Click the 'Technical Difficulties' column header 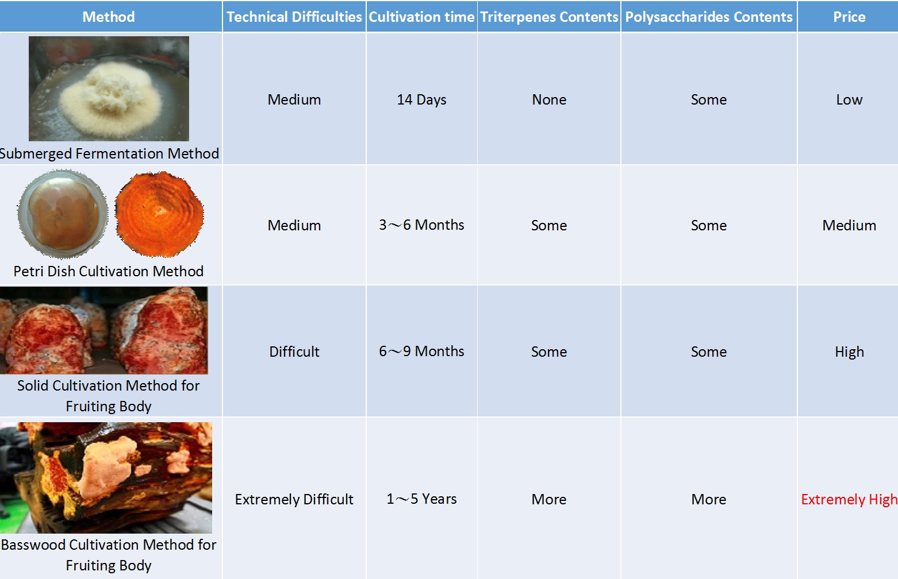pos(294,17)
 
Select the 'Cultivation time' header pos(421,17)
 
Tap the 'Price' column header pos(849,17)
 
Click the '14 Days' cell pos(421,99)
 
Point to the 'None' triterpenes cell pos(549,99)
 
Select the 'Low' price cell pos(849,99)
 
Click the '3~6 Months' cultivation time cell pos(421,225)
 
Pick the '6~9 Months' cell pos(421,351)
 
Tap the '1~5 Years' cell pos(421,499)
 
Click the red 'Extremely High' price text pos(849,499)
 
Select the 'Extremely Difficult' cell pos(294,499)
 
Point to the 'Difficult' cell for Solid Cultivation pos(294,352)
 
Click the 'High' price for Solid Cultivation pos(849,352)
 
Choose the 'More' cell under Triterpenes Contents pos(549,499)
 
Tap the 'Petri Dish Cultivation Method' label pos(108,271)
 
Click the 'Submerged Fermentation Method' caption pos(109,153)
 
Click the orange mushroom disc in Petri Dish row pos(159,214)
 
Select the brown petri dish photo pos(63,214)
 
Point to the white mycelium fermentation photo pos(109,88)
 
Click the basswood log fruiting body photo pos(106,477)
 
